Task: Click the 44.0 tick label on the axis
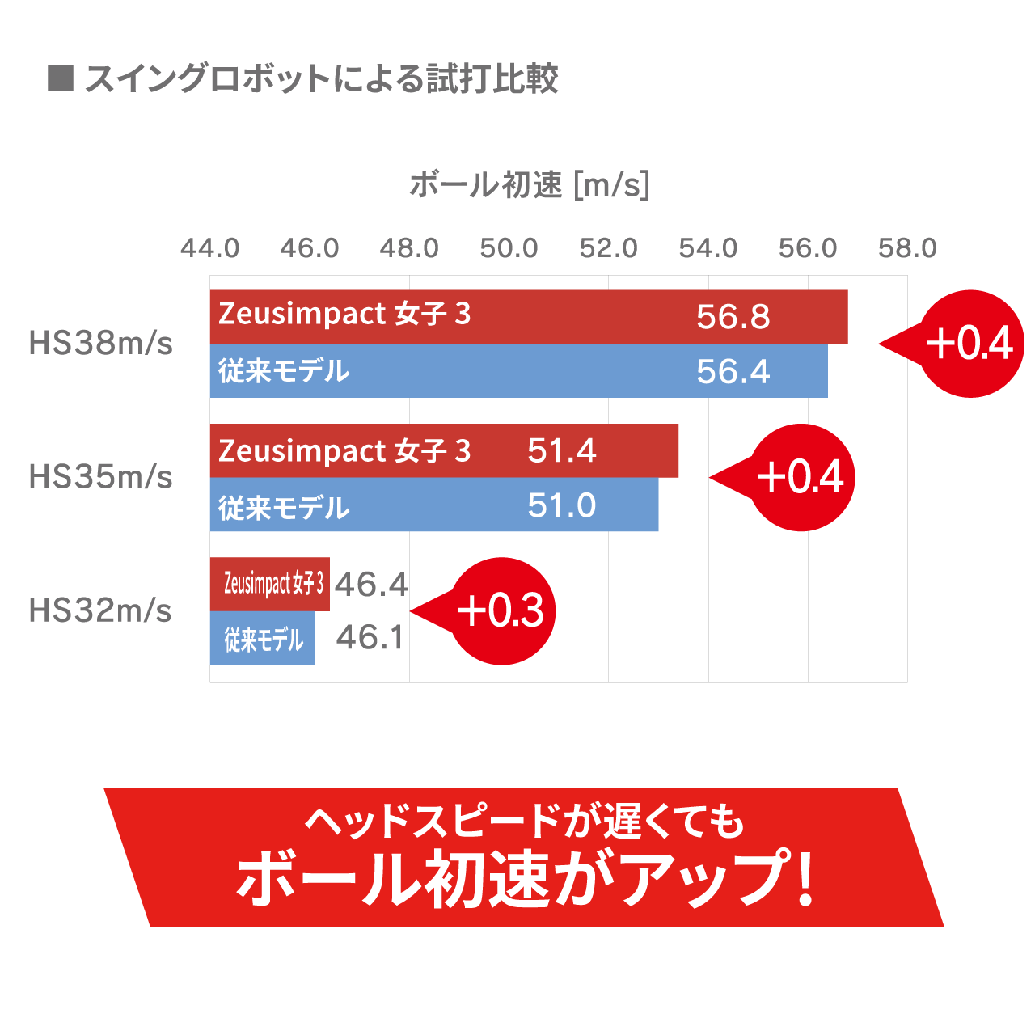coord(210,247)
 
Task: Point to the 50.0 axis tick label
coord(509,247)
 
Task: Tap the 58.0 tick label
coord(907,247)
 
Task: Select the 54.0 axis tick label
coord(708,247)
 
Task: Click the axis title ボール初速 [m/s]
coord(530,185)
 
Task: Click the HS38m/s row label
coord(101,344)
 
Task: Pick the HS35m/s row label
coord(101,477)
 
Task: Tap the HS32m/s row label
coord(101,610)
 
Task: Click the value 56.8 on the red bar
coord(733,317)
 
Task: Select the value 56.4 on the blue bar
coord(733,372)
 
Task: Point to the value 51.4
coord(562,450)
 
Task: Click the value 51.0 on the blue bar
coord(562,505)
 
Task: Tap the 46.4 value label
coord(371,584)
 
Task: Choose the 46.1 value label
coord(370,637)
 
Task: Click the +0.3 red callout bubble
coord(501,611)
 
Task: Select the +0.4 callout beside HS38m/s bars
coord(970,344)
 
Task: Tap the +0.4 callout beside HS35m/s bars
coord(801,477)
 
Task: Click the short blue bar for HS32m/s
coord(262,639)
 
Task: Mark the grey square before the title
coord(61,78)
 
